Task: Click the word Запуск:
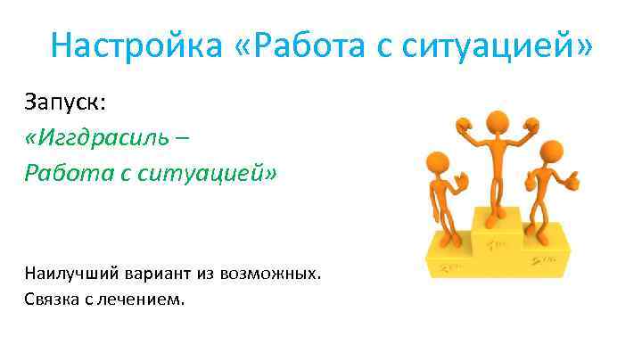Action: (x=65, y=103)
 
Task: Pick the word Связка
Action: (x=53, y=299)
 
